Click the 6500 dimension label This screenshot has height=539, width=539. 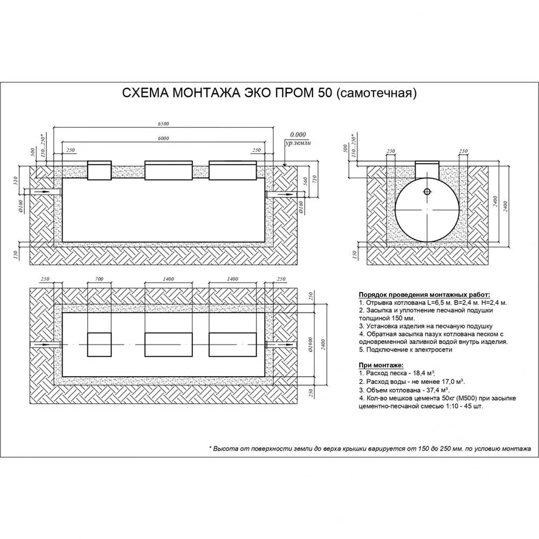tap(164, 124)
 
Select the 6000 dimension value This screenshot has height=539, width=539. tap(164, 139)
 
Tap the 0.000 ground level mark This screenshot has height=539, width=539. tap(298, 134)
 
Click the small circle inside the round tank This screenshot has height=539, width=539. tap(427, 191)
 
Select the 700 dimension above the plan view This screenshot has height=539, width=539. tap(99, 279)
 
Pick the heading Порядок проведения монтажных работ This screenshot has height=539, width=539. tap(424, 295)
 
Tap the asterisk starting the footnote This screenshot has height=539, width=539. tap(210, 448)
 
